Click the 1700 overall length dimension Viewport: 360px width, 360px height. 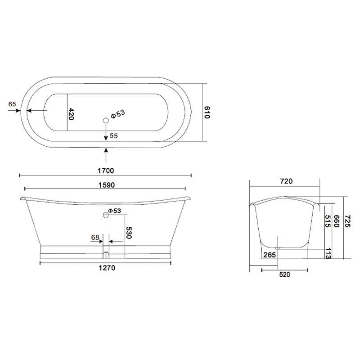tap(106, 171)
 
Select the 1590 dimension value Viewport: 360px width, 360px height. tap(106, 184)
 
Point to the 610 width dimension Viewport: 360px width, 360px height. tap(207, 112)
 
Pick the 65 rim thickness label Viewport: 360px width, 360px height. tap(12, 104)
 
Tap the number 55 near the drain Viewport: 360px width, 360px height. tap(113, 135)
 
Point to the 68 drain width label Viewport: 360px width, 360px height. tap(95, 237)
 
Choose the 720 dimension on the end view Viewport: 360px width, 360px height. tap(286, 181)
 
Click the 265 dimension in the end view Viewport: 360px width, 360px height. tap(270, 255)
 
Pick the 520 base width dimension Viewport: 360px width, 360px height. tap(284, 274)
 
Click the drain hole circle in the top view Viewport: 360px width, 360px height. tap(106, 120)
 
